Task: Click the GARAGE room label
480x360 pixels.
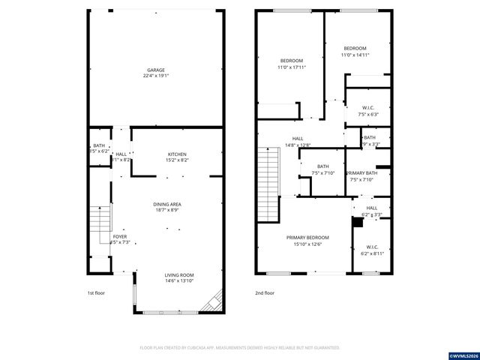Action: (x=156, y=70)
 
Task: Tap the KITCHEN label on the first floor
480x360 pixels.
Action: (x=178, y=154)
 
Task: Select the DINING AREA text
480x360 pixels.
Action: (x=167, y=204)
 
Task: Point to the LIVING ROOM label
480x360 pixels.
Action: (x=179, y=275)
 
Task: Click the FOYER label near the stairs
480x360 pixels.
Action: (x=119, y=236)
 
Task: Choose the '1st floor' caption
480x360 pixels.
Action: (x=97, y=293)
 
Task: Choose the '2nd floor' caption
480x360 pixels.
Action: (x=264, y=293)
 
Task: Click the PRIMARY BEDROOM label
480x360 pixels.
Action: (x=307, y=238)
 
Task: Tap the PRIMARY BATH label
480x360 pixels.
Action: (x=361, y=173)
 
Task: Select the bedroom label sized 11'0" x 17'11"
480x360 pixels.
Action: (x=292, y=61)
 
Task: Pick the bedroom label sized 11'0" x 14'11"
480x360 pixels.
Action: (x=355, y=48)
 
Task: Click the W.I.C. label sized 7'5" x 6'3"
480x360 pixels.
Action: (x=367, y=108)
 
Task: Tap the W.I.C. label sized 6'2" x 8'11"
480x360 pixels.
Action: (x=372, y=247)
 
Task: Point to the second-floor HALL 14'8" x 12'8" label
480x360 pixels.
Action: (x=298, y=139)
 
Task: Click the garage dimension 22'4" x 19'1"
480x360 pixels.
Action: (x=156, y=75)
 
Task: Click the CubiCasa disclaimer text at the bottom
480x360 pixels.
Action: (x=240, y=348)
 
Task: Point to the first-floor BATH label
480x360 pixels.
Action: (x=99, y=145)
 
